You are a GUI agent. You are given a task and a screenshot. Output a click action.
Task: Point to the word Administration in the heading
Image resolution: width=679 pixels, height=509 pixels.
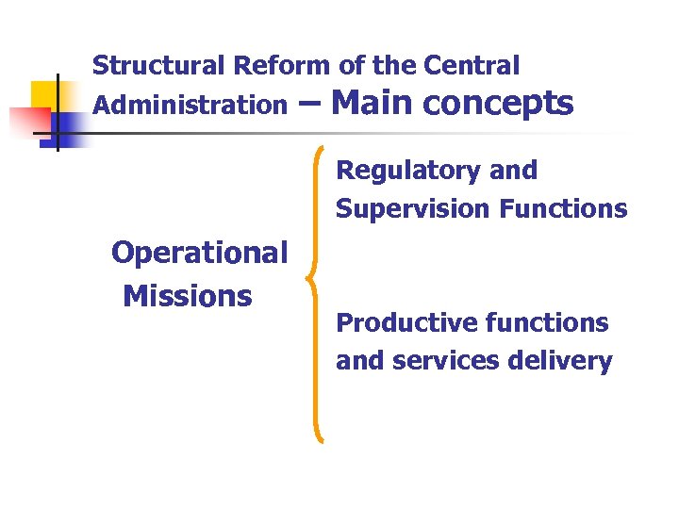point(189,105)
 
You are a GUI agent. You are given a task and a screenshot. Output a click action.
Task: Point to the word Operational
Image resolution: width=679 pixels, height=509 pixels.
point(199,253)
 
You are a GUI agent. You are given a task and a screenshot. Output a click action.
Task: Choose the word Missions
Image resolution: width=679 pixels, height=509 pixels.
point(188,296)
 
